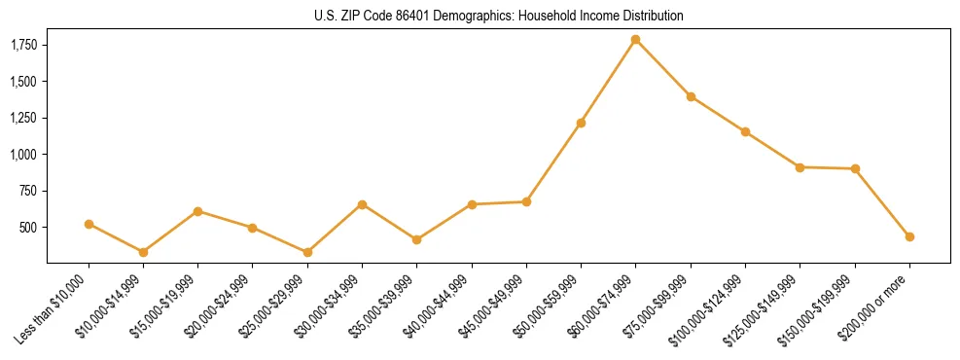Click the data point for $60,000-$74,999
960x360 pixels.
[635, 40]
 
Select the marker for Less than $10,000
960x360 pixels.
[89, 224]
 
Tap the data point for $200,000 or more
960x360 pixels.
[909, 236]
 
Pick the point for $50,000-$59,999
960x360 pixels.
[581, 123]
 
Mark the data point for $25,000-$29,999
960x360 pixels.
[307, 252]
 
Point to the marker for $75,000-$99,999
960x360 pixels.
[691, 96]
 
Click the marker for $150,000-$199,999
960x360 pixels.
[855, 168]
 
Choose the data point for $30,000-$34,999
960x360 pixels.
[362, 204]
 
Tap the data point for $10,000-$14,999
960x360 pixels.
[143, 252]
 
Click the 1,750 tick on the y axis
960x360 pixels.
[24, 45]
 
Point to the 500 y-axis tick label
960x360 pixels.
[28, 227]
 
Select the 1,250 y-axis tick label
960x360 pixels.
[24, 118]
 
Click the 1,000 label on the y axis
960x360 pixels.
[24, 154]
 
